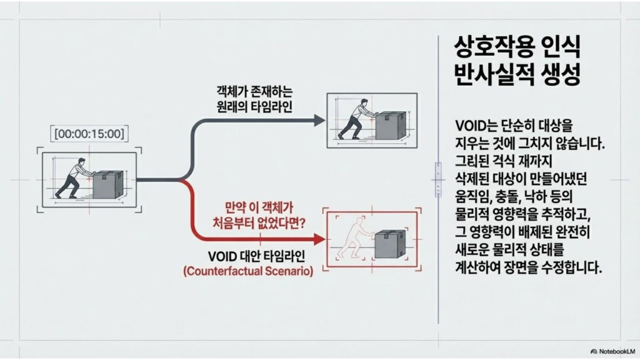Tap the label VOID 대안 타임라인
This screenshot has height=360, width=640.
[x=252, y=257]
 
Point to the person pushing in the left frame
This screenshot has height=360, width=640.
[x=72, y=179]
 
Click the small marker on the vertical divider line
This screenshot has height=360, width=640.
[x=438, y=179]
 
